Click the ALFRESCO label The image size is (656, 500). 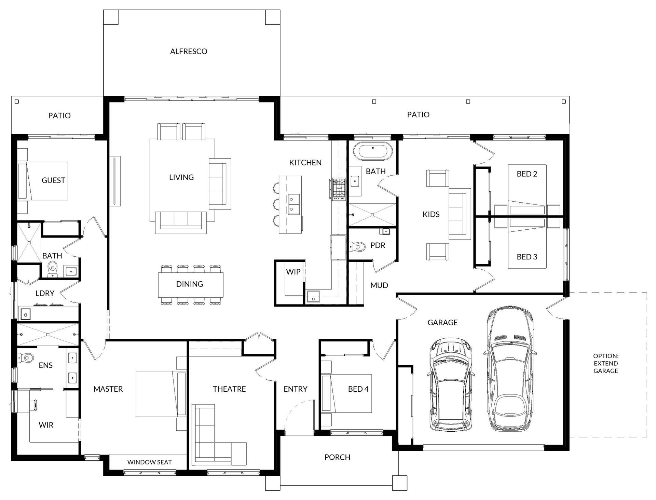pyautogui.click(x=189, y=51)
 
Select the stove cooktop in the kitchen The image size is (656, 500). pyautogui.click(x=339, y=189)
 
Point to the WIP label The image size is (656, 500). pyautogui.click(x=293, y=272)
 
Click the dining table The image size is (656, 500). pyautogui.click(x=191, y=284)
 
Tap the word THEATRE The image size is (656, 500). pyautogui.click(x=229, y=389)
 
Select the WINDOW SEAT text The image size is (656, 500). pyautogui.click(x=149, y=462)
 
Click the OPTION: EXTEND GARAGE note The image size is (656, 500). pyautogui.click(x=606, y=363)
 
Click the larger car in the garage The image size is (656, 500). pyautogui.click(x=510, y=369)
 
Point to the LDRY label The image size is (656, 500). pyautogui.click(x=45, y=293)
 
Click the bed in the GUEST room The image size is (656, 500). pyautogui.click(x=43, y=181)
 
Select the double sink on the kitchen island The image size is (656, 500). pyautogui.click(x=294, y=204)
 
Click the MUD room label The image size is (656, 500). pyautogui.click(x=379, y=285)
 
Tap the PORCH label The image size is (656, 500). pyautogui.click(x=337, y=457)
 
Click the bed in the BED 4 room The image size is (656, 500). pyautogui.click(x=346, y=393)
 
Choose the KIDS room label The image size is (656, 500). pyautogui.click(x=431, y=214)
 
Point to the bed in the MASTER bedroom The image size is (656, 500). pyautogui.click(x=161, y=394)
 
